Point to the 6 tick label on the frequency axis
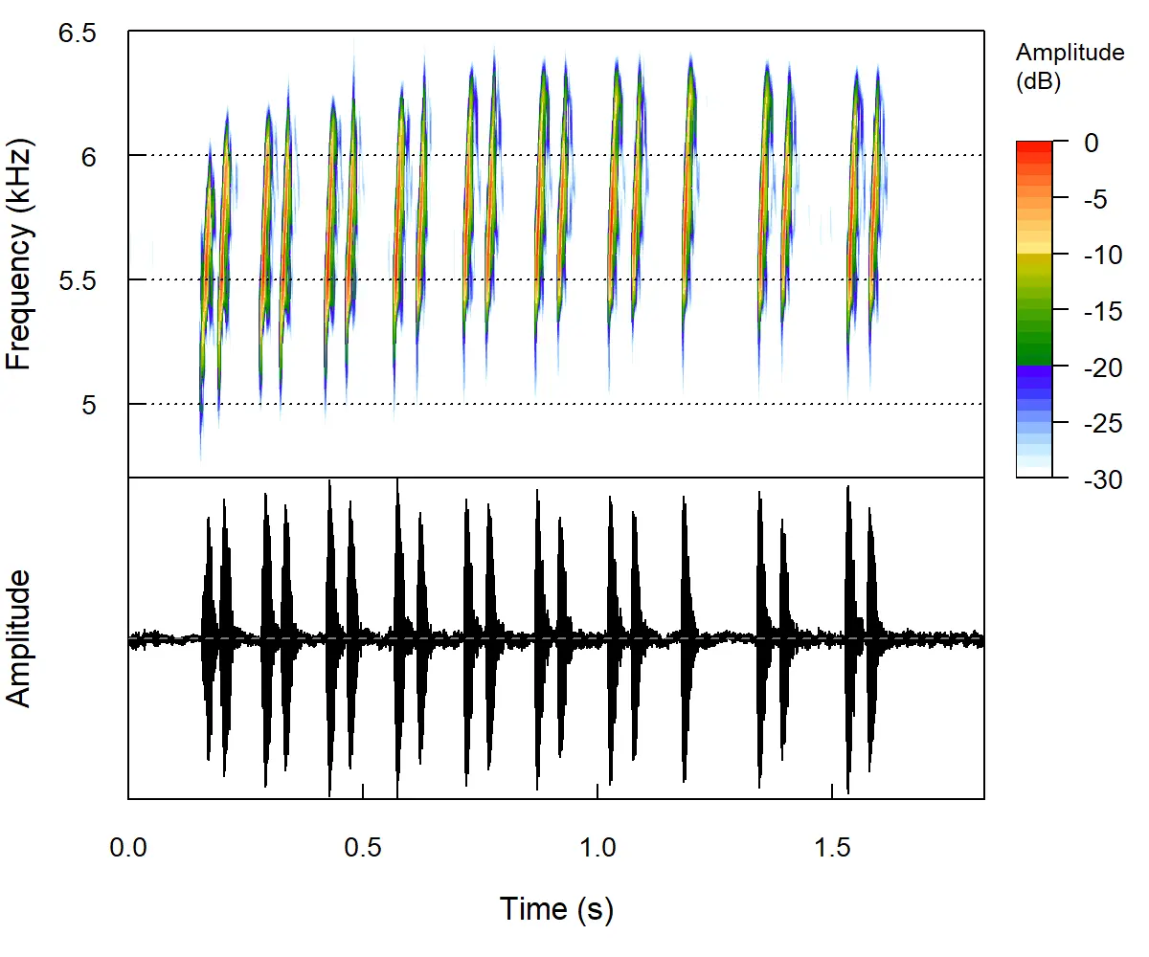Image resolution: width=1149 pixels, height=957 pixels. [89, 156]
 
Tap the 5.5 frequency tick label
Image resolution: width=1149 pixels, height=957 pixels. [78, 280]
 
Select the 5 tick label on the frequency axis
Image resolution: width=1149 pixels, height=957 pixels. [89, 405]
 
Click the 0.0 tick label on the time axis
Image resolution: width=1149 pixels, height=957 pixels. [128, 848]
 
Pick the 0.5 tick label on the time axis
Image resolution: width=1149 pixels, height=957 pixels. [363, 848]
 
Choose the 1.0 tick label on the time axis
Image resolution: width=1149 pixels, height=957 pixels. [597, 848]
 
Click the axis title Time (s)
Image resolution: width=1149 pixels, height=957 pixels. [556, 908]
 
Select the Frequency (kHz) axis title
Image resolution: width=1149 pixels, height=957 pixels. [20, 256]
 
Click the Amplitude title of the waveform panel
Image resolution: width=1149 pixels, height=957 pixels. [20, 637]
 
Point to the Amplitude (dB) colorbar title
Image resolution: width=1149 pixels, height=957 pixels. [1070, 67]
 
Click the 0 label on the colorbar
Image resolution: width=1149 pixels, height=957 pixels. [1092, 143]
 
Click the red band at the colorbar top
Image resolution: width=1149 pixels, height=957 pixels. [1034, 145]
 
